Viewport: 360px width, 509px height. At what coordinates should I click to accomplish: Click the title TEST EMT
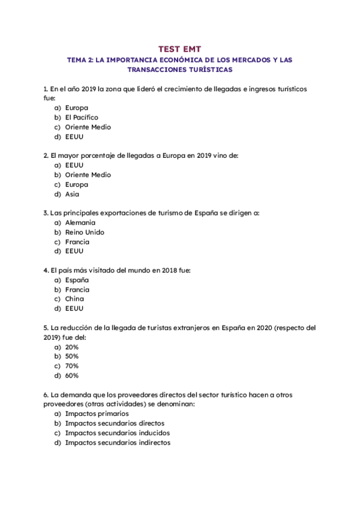(180, 48)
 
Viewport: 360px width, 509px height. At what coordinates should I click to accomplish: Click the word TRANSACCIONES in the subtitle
(157, 70)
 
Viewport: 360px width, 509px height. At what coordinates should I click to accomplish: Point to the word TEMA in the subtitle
(76, 60)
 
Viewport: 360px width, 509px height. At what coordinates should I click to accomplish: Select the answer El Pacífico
(82, 118)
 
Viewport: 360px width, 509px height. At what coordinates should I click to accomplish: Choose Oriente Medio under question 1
(88, 127)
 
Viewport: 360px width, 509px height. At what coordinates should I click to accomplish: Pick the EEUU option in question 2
(74, 165)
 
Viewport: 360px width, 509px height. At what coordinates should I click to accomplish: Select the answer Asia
(72, 194)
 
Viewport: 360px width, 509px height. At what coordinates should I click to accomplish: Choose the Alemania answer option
(80, 223)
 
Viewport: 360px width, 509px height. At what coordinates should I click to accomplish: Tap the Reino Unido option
(85, 232)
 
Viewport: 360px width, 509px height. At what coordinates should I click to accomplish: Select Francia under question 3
(77, 242)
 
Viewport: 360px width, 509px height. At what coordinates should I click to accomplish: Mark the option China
(74, 299)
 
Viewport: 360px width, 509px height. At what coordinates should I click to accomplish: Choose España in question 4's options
(77, 280)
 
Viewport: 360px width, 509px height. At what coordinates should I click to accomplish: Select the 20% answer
(72, 347)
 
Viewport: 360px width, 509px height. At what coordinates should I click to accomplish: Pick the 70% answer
(72, 366)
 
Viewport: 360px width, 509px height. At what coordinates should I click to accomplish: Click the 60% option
(72, 376)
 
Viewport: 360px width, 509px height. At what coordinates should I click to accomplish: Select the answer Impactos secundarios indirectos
(118, 442)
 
